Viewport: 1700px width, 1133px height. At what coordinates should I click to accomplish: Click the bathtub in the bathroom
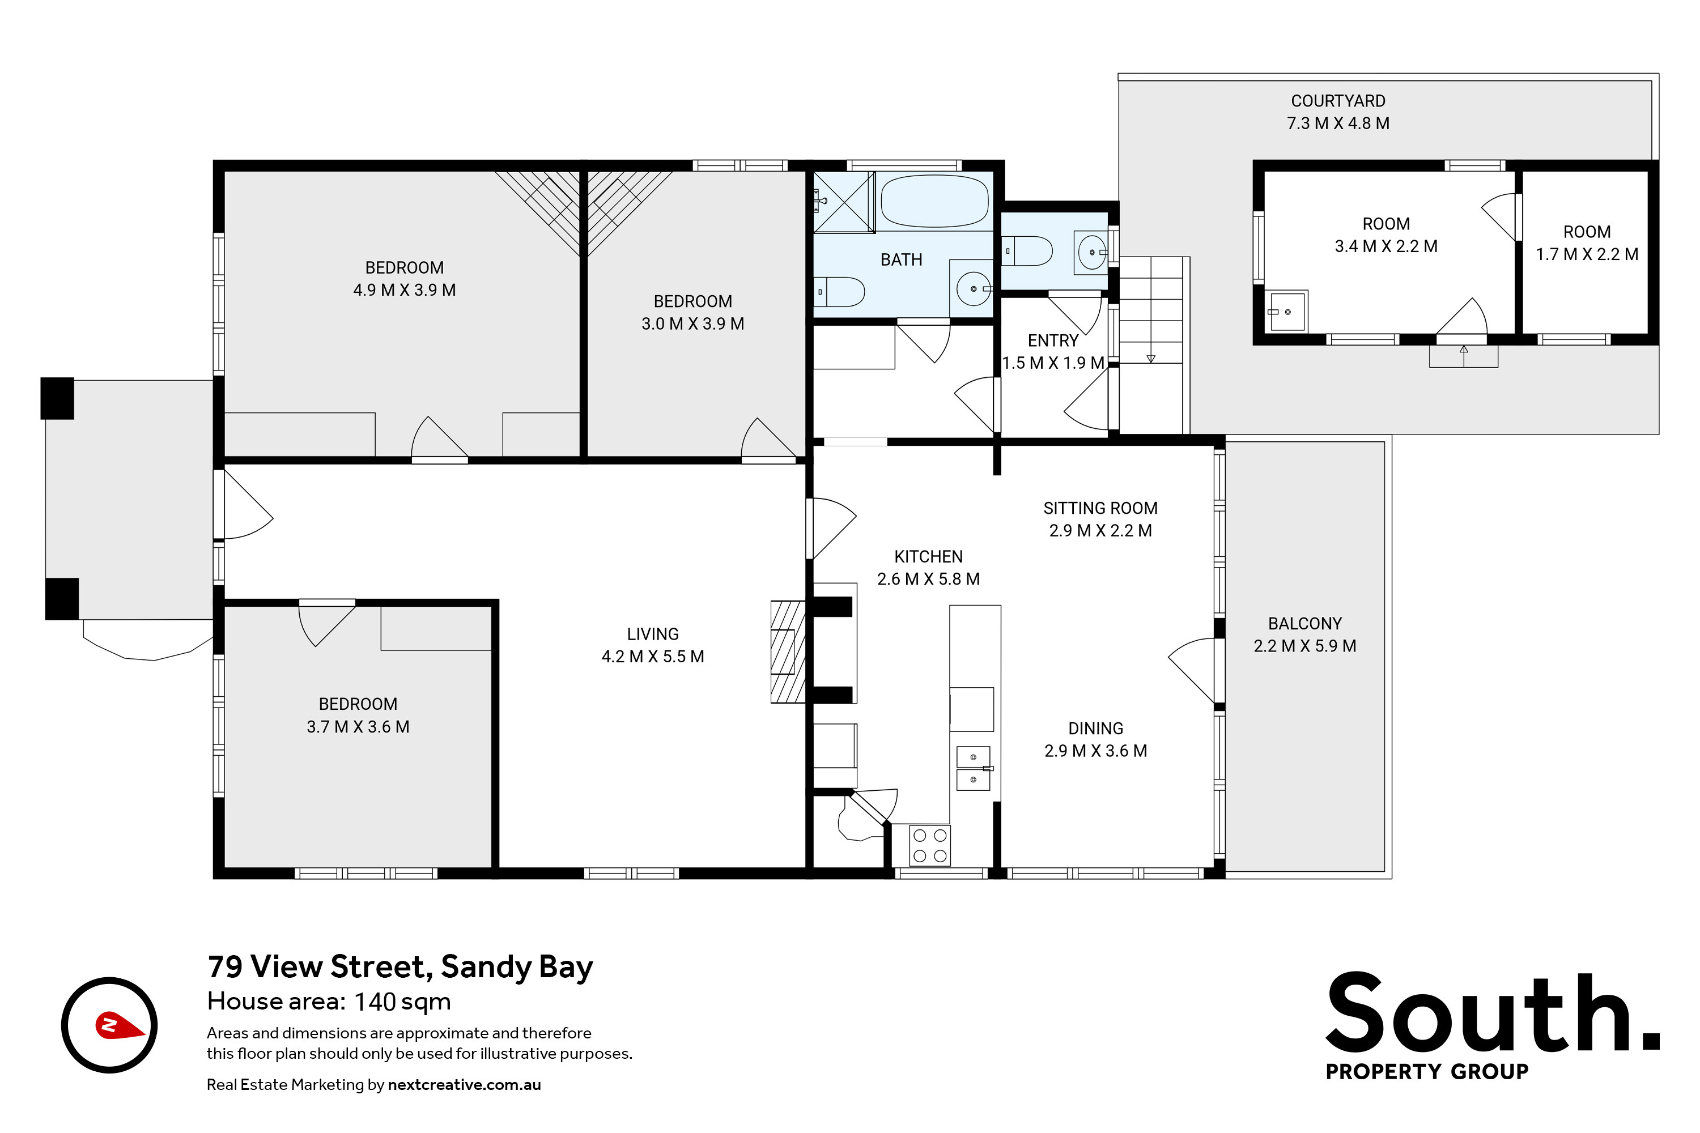pyautogui.click(x=934, y=201)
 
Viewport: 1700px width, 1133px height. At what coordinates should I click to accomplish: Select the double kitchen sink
pyautogui.click(x=974, y=768)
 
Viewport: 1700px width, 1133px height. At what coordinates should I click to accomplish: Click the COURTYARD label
pyautogui.click(x=1338, y=101)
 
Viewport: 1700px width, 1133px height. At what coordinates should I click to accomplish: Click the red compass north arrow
pyautogui.click(x=118, y=1025)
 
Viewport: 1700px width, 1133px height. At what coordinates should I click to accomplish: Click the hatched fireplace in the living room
pyautogui.click(x=788, y=652)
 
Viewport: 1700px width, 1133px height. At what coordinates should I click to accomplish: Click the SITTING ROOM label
pyautogui.click(x=1100, y=508)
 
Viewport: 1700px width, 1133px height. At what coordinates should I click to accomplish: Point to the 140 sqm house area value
pyautogui.click(x=402, y=1002)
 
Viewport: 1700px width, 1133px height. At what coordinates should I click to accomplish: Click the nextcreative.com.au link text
pyautogui.click(x=464, y=1085)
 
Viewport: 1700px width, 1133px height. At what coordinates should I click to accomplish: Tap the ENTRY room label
pyautogui.click(x=1053, y=340)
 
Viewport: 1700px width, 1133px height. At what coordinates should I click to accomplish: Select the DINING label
pyautogui.click(x=1096, y=729)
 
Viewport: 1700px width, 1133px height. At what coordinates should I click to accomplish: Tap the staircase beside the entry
pyautogui.click(x=1151, y=346)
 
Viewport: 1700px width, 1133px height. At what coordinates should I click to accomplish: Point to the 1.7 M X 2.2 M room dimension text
pyautogui.click(x=1587, y=254)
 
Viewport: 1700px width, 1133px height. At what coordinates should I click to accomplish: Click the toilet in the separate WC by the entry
pyautogui.click(x=1028, y=251)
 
